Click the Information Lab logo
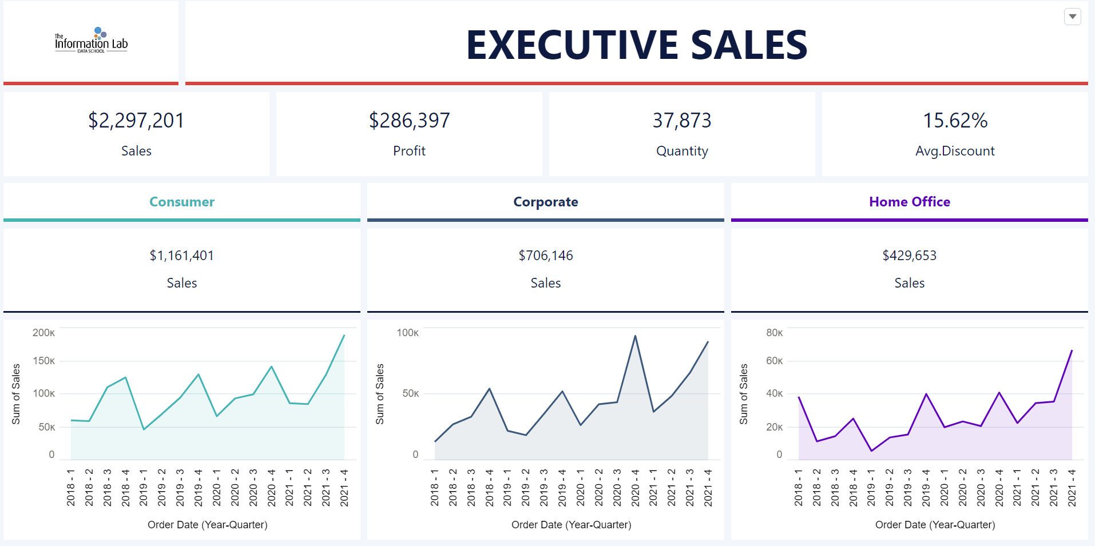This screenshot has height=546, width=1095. coord(91,41)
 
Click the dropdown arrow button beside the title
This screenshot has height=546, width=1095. coord(1073,17)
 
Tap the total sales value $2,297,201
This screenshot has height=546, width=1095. coord(136,121)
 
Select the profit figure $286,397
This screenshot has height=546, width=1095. coord(409,121)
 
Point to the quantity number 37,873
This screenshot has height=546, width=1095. coord(682,121)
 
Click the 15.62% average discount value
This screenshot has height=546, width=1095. coord(955,121)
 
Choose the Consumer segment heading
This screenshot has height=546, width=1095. coord(182,202)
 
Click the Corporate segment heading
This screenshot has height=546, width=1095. coord(546,202)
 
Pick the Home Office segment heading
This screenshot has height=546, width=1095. coord(910,202)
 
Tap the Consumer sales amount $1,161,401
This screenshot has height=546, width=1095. coord(182,256)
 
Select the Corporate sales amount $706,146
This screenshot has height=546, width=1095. coord(546,256)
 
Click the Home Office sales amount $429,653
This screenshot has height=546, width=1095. coord(910,256)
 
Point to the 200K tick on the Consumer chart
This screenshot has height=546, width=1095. coord(44,333)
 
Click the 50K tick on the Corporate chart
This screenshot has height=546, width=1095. coord(411,393)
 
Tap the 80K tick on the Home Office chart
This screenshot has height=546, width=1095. coord(775,333)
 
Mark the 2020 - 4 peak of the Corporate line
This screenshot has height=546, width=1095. coord(635,336)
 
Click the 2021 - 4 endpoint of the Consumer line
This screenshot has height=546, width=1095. coord(344,336)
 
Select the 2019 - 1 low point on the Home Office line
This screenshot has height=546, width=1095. coord(871,451)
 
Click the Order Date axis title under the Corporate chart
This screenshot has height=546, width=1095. coord(571,525)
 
